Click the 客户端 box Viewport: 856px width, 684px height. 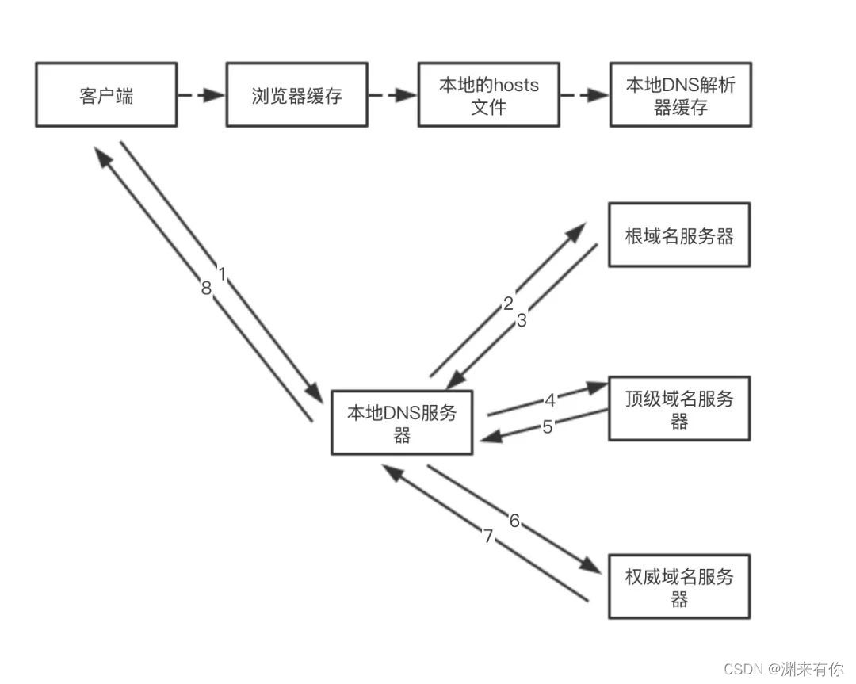[x=106, y=96]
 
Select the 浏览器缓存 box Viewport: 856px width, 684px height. [x=296, y=96]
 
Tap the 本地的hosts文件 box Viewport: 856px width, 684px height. [x=488, y=96]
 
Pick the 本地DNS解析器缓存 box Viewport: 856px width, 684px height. [x=680, y=96]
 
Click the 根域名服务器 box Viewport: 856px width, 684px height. [x=678, y=235]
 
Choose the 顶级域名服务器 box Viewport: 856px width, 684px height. [x=678, y=409]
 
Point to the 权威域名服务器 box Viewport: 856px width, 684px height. [x=678, y=587]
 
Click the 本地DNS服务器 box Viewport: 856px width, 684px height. [x=402, y=423]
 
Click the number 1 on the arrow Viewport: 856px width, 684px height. [x=222, y=274]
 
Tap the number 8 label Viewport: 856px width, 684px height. [x=206, y=289]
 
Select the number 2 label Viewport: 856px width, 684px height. [x=509, y=303]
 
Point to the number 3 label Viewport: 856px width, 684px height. [x=522, y=320]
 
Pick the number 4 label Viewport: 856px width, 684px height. [x=550, y=399]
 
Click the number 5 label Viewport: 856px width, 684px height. [x=547, y=426]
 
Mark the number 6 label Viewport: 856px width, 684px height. [x=514, y=521]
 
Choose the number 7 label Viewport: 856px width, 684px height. [x=488, y=537]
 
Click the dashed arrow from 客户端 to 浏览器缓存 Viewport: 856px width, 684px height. [x=201, y=96]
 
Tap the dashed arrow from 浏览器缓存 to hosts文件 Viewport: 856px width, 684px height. [x=392, y=96]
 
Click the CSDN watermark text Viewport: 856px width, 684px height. [x=784, y=668]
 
